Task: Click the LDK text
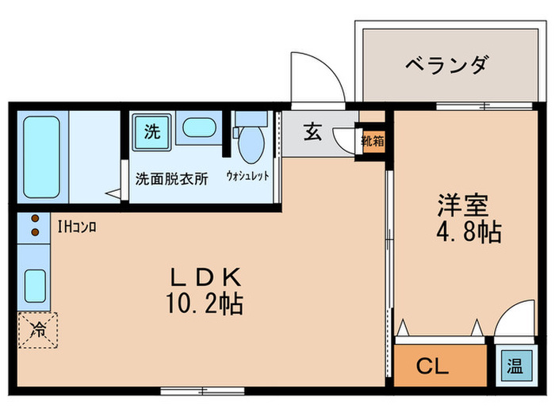[205, 277]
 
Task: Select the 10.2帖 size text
[205, 303]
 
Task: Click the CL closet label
[433, 367]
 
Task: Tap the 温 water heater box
[515, 367]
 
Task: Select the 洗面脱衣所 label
[171, 178]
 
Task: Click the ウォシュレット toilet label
[247, 175]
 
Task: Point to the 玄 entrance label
[312, 133]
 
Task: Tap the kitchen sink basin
[35, 283]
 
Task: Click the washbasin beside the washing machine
[195, 128]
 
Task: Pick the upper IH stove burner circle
[35, 219]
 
